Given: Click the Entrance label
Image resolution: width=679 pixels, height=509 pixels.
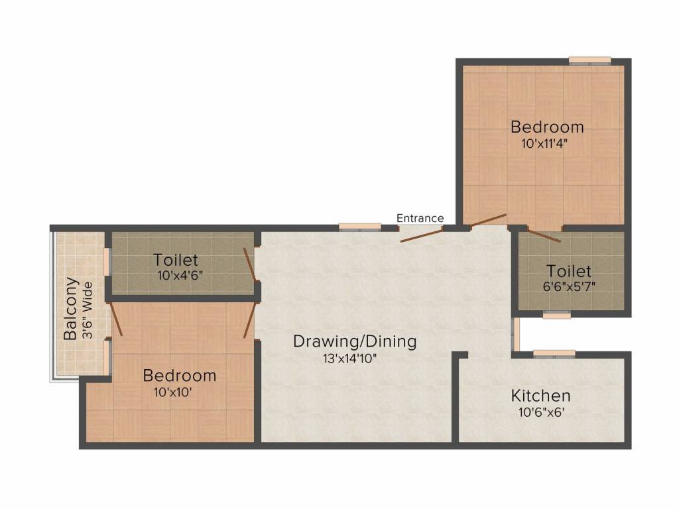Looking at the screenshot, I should pos(420,218).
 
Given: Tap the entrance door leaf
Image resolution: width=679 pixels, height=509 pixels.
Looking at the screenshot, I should pos(421,235).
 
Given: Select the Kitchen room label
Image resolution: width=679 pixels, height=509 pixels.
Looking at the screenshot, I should pos(540,396).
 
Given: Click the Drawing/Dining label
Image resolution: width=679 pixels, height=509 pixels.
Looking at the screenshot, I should pos(355,342).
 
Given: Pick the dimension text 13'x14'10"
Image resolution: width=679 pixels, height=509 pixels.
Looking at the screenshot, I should pos(353,359).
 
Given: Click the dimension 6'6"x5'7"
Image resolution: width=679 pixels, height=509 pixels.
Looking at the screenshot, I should pos(569,288).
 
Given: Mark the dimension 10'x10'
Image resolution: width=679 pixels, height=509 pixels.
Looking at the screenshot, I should pos(174,391).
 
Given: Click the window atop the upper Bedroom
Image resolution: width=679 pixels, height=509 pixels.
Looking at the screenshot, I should pos(589,60).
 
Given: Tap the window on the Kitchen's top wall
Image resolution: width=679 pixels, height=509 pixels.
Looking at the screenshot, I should pos(554,354).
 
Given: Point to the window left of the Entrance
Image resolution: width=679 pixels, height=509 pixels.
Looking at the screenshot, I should pos(360,227).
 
